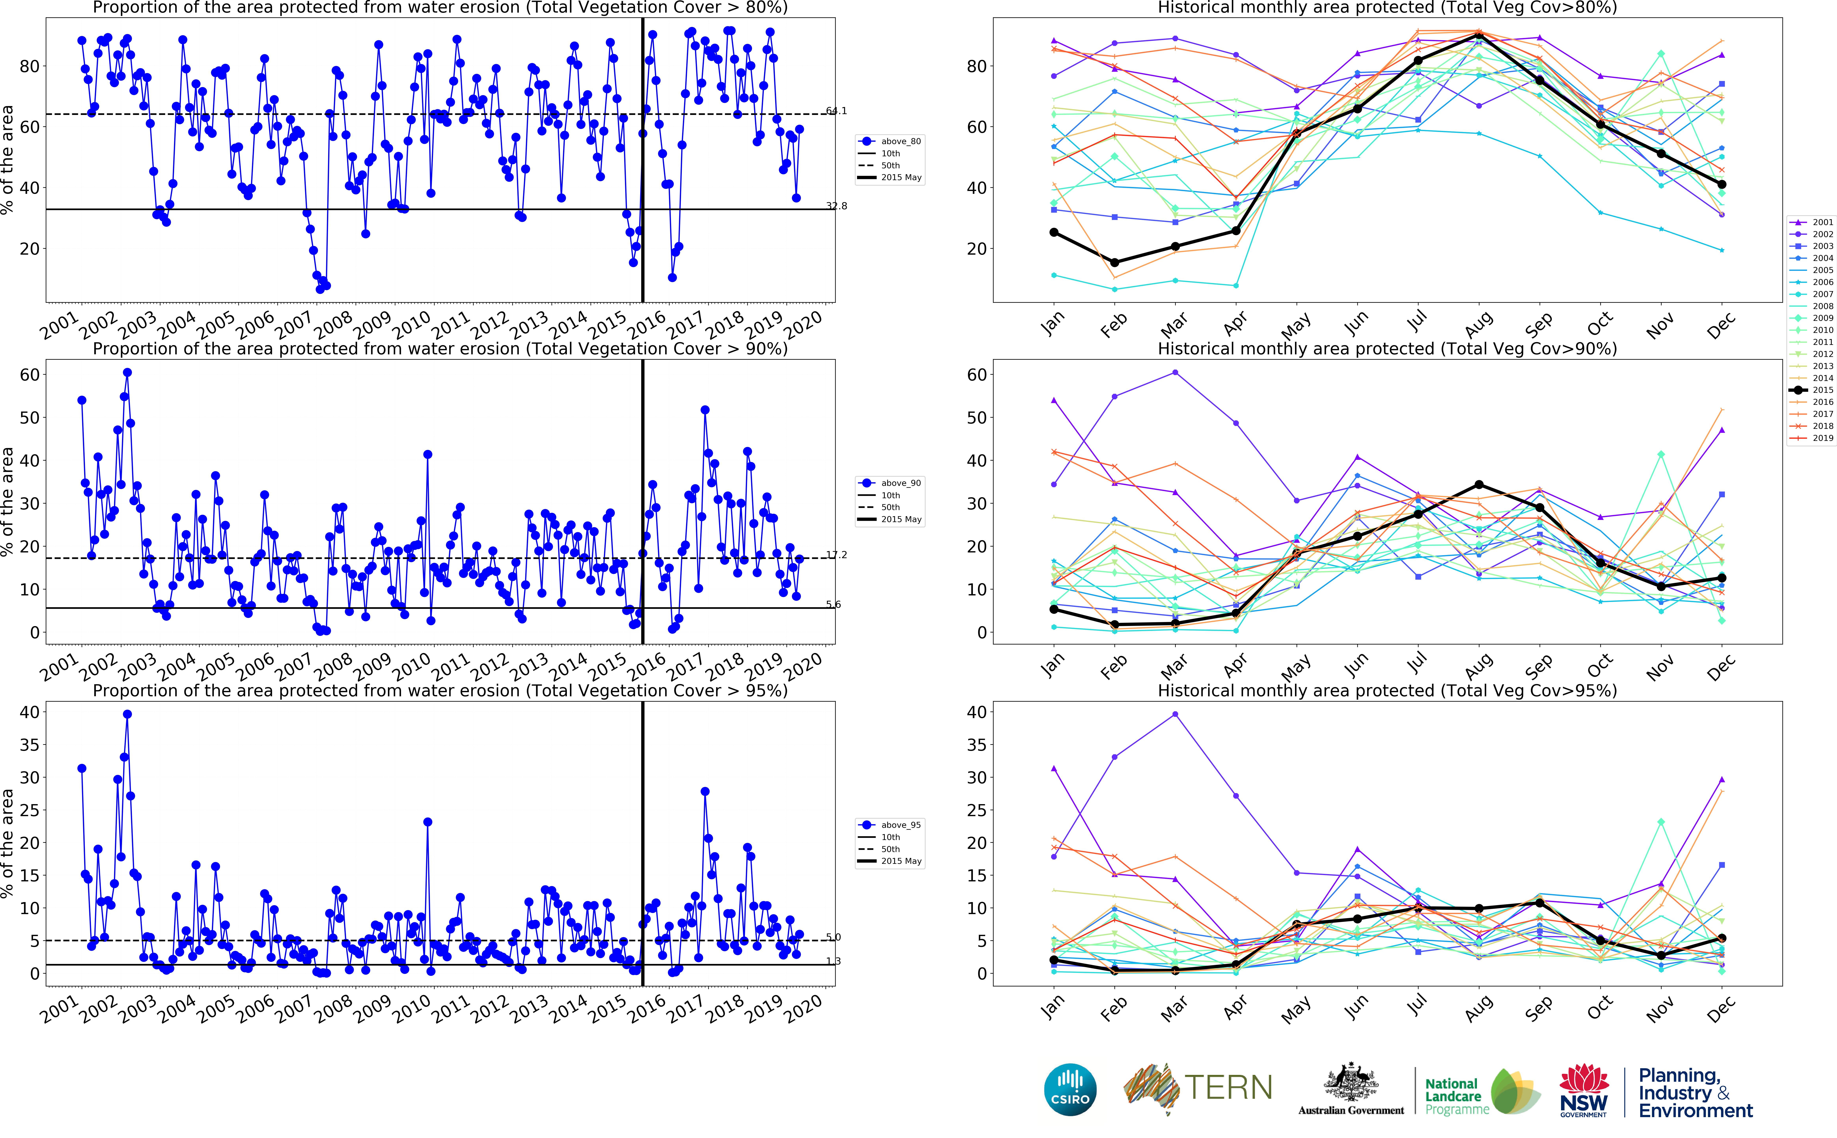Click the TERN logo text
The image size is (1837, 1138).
click(1228, 1088)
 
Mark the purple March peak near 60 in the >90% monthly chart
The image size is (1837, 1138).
click(1175, 373)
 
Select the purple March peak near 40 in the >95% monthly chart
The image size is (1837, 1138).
click(1175, 714)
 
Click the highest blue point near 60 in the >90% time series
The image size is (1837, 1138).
click(127, 373)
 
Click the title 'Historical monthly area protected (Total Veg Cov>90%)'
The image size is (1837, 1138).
click(1387, 348)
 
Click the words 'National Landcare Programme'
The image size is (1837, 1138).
click(1455, 1096)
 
